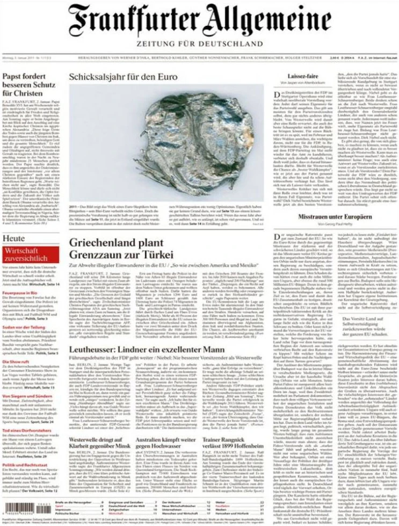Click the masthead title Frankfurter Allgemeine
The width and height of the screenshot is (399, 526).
pyautogui.click(x=199, y=21)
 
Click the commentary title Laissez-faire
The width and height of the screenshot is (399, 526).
pyautogui.click(x=304, y=76)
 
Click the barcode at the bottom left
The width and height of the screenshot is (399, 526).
pyautogui.click(x=26, y=506)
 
